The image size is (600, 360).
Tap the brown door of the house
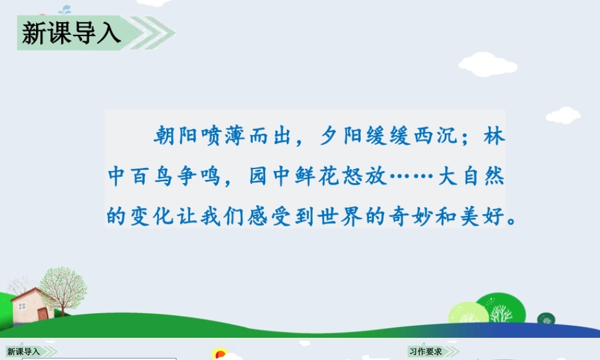tap(42, 314)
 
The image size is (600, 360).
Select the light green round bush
tap(468, 313)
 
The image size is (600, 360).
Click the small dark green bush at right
tap(545, 319)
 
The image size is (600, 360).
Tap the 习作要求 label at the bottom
tap(426, 352)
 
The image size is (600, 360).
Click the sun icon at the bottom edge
tap(220, 355)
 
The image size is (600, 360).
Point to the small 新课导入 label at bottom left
tap(24, 352)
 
